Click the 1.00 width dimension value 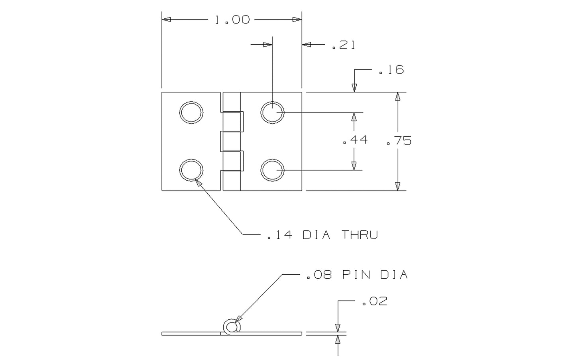point(232,20)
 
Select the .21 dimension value point(343,45)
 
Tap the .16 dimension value point(391,70)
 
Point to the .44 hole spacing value point(355,140)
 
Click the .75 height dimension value point(399,141)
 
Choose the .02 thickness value point(374,301)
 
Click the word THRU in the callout point(359,235)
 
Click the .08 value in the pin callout point(319,275)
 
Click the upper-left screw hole point(191,112)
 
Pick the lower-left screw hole point(191,170)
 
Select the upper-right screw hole point(273,112)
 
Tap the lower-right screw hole point(273,170)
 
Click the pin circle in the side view point(232,327)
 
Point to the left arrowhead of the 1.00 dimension point(166,20)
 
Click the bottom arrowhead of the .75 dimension point(397,186)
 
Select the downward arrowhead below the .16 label point(354,88)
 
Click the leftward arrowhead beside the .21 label point(306,45)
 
